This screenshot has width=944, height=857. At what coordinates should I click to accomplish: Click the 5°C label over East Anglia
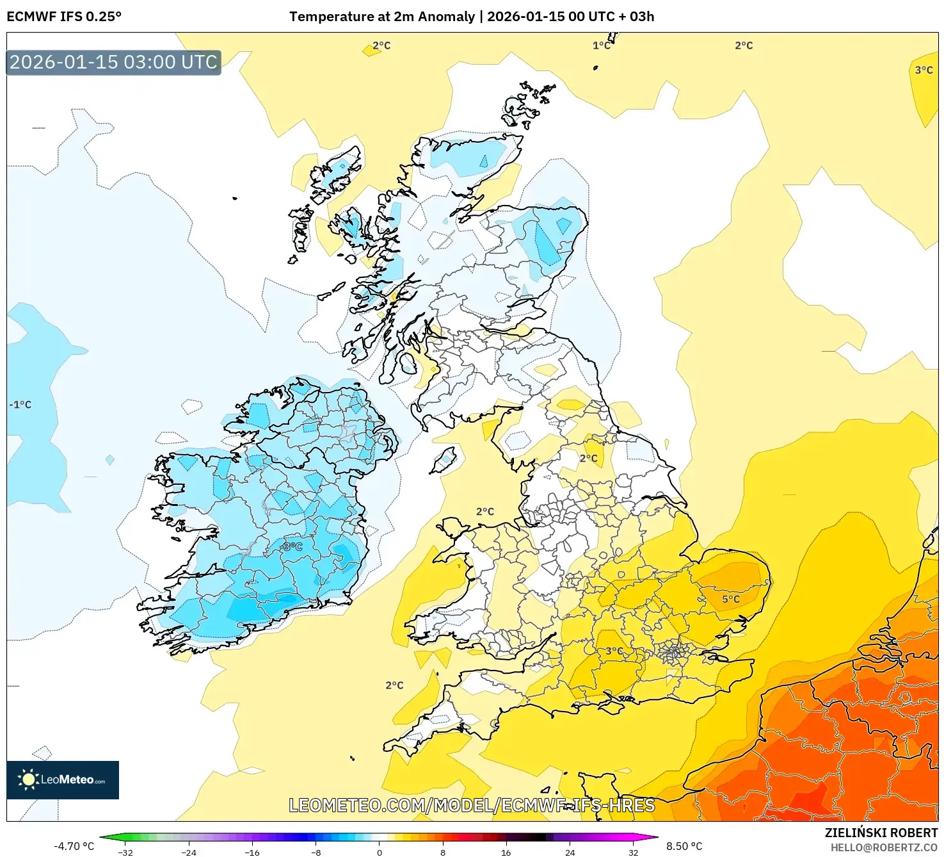tap(730, 599)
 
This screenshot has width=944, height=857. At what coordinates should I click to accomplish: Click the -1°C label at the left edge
tap(20, 405)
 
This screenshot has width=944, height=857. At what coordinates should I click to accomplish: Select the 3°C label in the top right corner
tap(924, 70)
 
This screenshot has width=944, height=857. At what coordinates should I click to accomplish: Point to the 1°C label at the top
tap(601, 45)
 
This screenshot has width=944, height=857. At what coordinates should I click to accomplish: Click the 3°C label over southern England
tap(614, 651)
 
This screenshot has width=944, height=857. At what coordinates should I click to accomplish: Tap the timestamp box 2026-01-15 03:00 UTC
tap(113, 62)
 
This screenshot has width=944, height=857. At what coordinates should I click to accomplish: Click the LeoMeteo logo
tap(63, 779)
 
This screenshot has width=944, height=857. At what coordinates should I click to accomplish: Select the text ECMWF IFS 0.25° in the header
tap(64, 17)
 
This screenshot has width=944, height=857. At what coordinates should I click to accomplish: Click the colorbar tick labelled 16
tap(506, 852)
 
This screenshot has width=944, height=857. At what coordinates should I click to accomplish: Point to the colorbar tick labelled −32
tap(125, 852)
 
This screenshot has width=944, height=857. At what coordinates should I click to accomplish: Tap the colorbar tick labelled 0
tap(379, 852)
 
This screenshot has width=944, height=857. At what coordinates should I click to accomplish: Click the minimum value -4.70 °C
tap(74, 846)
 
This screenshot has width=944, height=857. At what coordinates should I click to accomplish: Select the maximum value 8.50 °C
tap(684, 846)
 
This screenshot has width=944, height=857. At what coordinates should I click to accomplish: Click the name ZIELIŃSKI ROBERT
tap(881, 833)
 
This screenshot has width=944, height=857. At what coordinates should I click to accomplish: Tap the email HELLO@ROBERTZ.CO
tap(884, 847)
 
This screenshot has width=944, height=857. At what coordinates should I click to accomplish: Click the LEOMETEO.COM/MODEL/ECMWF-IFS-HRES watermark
tap(472, 805)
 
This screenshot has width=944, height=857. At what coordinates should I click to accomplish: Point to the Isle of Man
tap(444, 460)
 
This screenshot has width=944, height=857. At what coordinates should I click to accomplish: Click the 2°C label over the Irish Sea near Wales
tap(484, 511)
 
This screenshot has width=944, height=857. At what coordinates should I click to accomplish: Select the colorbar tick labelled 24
tap(570, 852)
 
